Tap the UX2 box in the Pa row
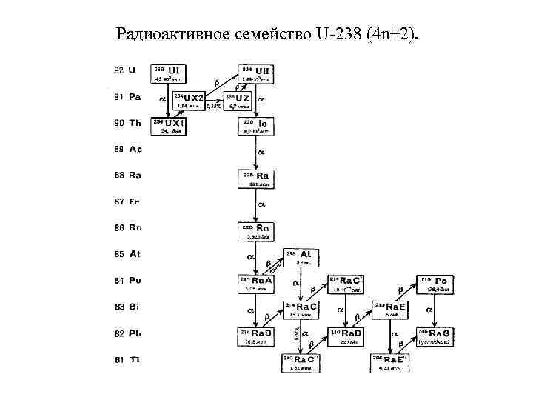190,100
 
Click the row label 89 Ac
128,149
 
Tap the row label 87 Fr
128,201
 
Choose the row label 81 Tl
128,359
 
